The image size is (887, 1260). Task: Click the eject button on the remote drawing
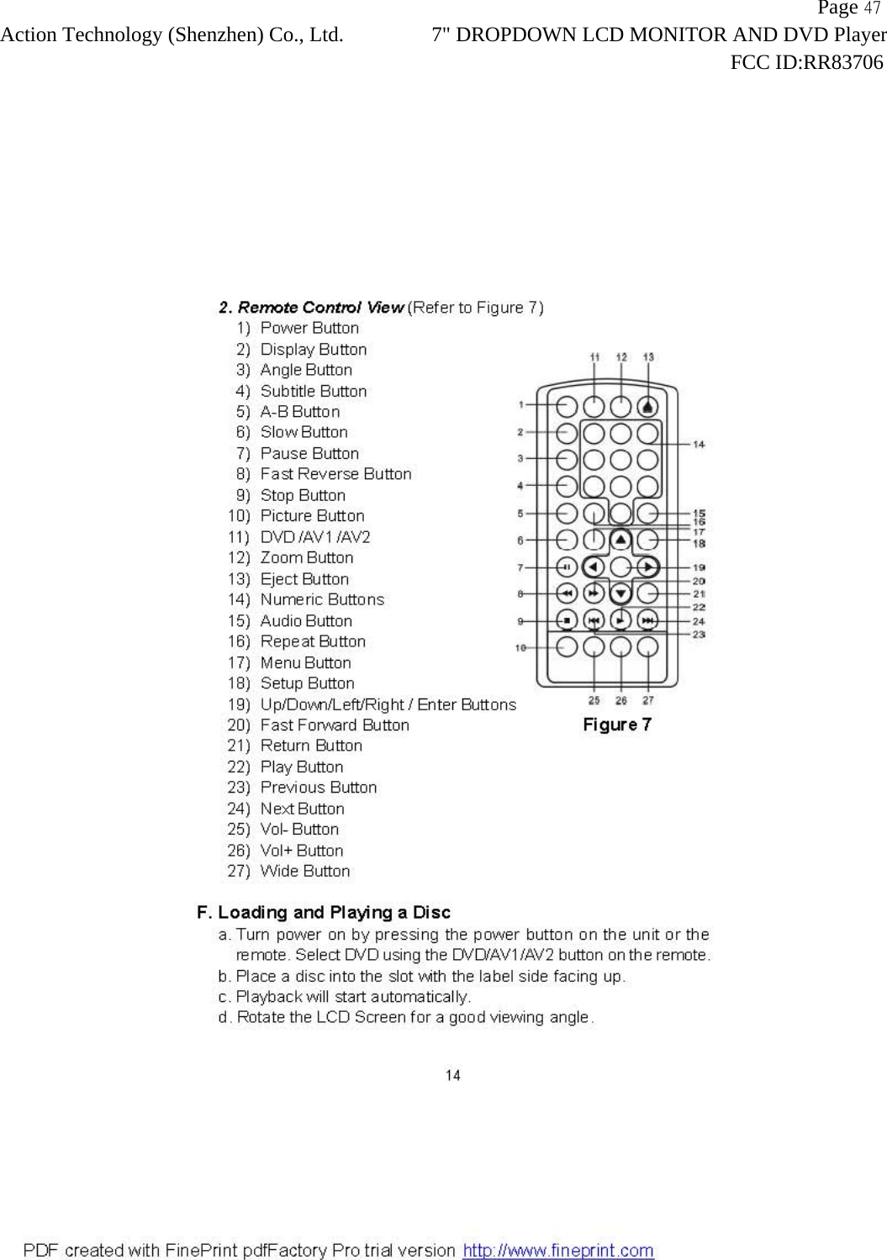(647, 407)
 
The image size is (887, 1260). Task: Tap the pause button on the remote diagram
(568, 567)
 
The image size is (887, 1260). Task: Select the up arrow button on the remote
(620, 540)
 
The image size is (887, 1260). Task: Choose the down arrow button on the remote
(620, 594)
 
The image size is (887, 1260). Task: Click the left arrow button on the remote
(594, 567)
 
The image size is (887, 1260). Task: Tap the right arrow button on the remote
(647, 567)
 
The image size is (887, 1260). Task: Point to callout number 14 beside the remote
(699, 444)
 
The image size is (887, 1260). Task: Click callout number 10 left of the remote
(520, 647)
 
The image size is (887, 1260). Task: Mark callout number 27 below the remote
(648, 700)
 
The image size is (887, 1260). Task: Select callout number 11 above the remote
(594, 357)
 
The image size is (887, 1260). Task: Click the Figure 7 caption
(617, 725)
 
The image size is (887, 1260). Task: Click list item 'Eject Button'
(304, 579)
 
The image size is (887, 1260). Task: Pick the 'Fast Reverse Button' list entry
(335, 474)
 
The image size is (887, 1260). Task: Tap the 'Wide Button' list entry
(305, 872)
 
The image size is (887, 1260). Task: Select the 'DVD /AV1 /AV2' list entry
(315, 537)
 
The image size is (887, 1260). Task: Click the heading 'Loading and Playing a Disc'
(334, 913)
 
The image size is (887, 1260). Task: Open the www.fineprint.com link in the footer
(558, 1250)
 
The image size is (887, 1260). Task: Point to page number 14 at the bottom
(453, 1075)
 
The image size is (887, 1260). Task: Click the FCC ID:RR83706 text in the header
(806, 62)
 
